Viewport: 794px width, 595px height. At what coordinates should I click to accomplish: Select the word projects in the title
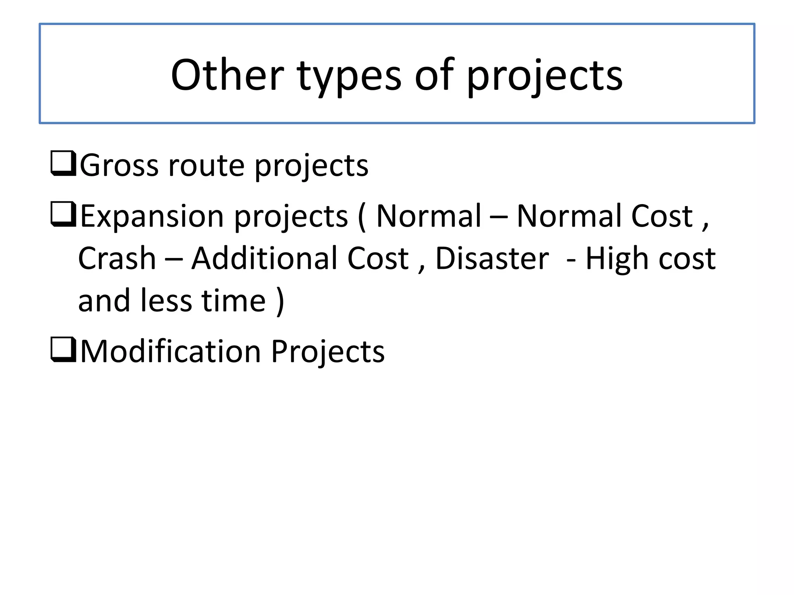pyautogui.click(x=544, y=77)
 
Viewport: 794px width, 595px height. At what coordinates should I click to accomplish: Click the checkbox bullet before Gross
pyautogui.click(x=63, y=164)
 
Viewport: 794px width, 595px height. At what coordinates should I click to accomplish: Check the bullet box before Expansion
pyautogui.click(x=63, y=214)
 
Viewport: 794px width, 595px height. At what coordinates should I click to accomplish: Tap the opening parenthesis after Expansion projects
pyautogui.click(x=362, y=217)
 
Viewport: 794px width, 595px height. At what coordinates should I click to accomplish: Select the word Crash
pyautogui.click(x=117, y=258)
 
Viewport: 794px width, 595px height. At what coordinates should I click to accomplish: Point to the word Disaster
pyautogui.click(x=492, y=258)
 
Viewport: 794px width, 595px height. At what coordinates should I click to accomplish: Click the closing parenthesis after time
pyautogui.click(x=280, y=301)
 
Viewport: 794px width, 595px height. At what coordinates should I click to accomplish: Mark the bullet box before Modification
pyautogui.click(x=63, y=350)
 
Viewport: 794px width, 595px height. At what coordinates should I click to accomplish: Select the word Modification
pyautogui.click(x=171, y=351)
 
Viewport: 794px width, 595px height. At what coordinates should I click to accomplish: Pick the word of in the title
pyautogui.click(x=434, y=75)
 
